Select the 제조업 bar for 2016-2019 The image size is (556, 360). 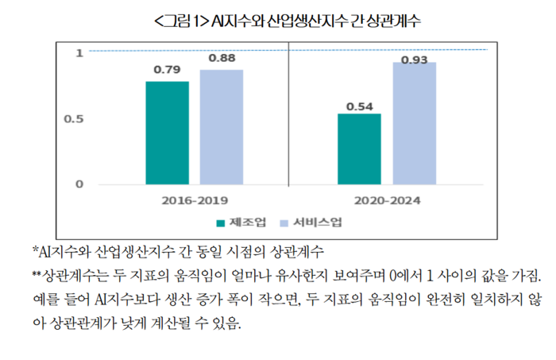167,133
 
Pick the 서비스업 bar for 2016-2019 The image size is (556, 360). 221,127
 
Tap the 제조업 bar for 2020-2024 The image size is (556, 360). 359,149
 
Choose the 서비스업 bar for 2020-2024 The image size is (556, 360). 414,123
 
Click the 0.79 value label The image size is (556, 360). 167,71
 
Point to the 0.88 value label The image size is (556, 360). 222,59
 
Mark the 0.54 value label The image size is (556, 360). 359,103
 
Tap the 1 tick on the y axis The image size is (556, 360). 79,53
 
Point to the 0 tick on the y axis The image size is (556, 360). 79,184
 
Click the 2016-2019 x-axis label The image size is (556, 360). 194,201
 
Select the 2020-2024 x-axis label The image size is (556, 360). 387,201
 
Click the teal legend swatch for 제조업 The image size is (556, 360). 221,223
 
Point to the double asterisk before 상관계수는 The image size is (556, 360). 36,275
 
